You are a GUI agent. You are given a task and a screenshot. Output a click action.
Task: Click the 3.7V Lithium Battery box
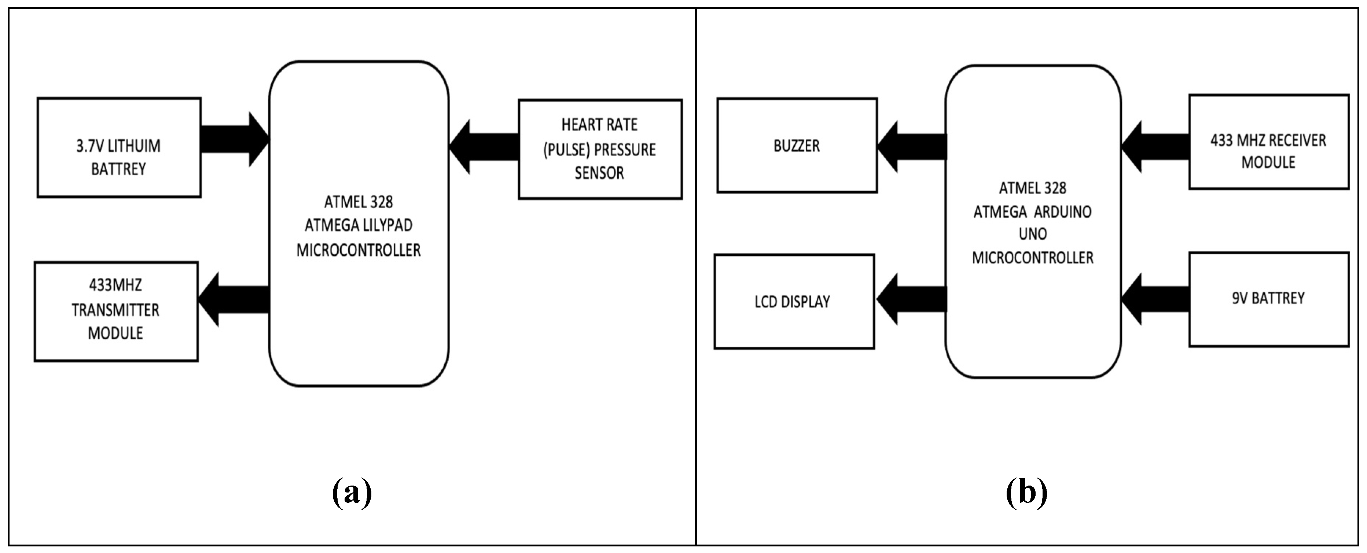point(119,148)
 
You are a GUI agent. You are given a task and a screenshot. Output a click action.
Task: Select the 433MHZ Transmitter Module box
point(116,311)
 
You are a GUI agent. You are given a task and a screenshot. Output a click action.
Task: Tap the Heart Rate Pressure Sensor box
point(600,149)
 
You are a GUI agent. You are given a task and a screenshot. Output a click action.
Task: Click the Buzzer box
point(797,145)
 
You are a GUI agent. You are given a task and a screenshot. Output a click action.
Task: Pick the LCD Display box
point(794,302)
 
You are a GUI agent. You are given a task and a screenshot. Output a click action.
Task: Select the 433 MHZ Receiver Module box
point(1268,142)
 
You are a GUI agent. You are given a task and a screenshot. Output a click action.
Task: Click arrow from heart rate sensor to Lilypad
point(483,147)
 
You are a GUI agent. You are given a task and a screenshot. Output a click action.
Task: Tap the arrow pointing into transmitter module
point(234,299)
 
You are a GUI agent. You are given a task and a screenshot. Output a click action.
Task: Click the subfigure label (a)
point(352,493)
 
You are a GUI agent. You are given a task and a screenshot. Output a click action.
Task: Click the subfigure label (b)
point(1026,493)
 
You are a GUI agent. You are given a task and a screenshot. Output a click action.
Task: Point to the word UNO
point(1033,234)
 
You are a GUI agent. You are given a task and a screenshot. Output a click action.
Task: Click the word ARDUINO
point(1062,212)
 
